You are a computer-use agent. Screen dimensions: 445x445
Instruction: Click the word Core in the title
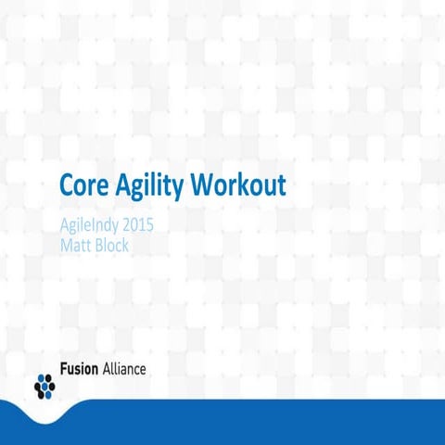click(84, 185)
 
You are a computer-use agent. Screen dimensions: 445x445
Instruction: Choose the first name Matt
click(75, 246)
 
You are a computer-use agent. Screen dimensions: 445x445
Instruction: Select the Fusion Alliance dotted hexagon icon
click(44, 382)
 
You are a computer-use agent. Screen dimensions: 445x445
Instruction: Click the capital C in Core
click(66, 185)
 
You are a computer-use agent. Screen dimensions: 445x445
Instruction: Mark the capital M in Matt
click(66, 246)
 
